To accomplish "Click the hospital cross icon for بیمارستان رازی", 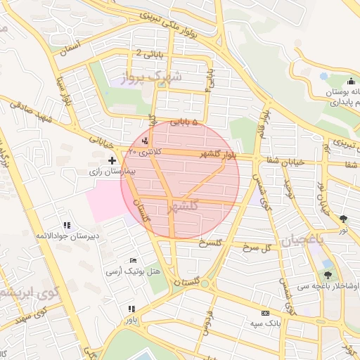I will (x=112, y=161).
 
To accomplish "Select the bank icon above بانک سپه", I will (x=265, y=313).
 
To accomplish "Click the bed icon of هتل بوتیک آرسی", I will (x=134, y=261).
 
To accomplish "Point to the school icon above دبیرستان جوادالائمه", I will (x=67, y=225).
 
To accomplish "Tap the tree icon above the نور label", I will (x=343, y=219).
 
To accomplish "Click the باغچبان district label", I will (x=303, y=240).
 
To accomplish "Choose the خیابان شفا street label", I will (x=283, y=161).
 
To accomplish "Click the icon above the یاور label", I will (x=132, y=308).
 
